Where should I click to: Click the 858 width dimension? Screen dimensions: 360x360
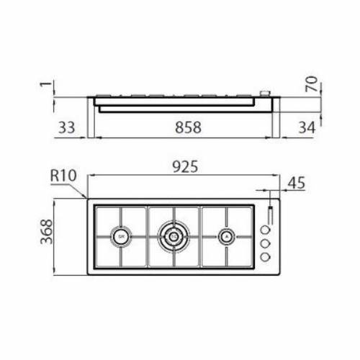click(x=185, y=127)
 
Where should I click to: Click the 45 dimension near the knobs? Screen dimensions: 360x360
click(x=296, y=184)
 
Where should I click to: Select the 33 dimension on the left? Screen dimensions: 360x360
click(x=66, y=127)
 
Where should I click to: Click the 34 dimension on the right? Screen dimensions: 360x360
click(x=306, y=127)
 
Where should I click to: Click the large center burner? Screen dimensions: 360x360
click(x=174, y=235)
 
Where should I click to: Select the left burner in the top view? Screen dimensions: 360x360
click(x=121, y=235)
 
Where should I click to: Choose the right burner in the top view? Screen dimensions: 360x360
click(x=226, y=235)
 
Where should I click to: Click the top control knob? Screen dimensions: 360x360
click(x=265, y=230)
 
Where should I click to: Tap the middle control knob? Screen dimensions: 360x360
click(x=264, y=243)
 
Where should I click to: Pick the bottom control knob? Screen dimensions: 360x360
click(x=264, y=256)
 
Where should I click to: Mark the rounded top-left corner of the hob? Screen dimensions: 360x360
click(x=89, y=201)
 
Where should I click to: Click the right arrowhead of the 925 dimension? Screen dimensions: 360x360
click(x=276, y=175)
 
